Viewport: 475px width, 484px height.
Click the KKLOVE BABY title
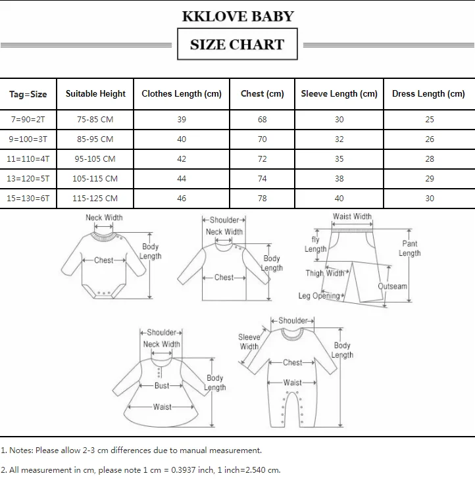point(238,16)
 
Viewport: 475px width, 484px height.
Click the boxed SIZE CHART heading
point(237,45)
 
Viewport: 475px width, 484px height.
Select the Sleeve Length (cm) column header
point(339,93)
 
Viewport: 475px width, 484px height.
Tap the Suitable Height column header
point(95,93)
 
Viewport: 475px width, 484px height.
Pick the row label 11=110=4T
point(28,159)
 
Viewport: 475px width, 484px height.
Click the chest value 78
point(262,199)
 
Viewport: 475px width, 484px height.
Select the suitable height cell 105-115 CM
point(95,179)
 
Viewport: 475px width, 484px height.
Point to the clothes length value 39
point(182,120)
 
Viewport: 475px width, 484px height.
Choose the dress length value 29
point(429,179)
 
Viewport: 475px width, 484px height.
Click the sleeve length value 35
point(339,159)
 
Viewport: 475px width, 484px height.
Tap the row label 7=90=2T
point(28,120)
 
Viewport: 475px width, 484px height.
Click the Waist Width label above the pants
point(352,216)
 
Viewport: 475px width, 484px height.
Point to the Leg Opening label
point(320,296)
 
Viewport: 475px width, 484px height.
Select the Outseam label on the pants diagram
point(393,287)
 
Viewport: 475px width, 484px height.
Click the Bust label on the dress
point(162,386)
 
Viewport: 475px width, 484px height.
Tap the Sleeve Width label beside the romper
point(249,342)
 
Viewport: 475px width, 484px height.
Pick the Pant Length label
point(409,249)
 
